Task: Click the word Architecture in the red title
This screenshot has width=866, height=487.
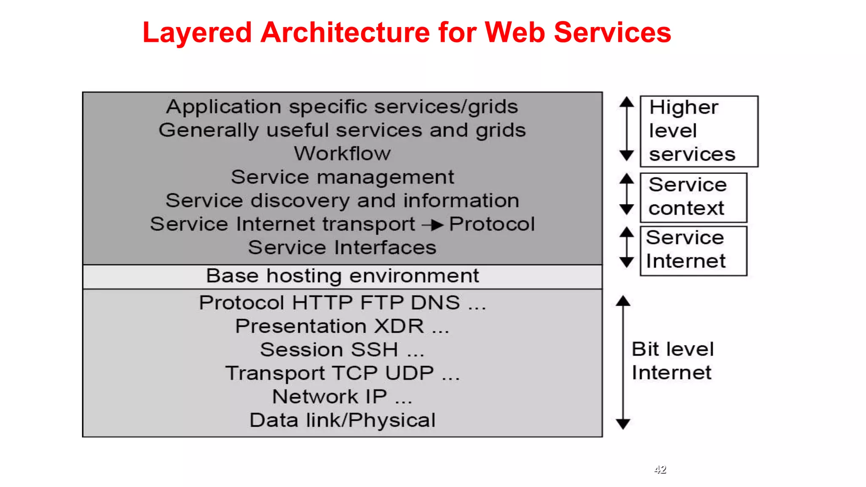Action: point(345,33)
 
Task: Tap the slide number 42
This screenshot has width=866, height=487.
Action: point(660,469)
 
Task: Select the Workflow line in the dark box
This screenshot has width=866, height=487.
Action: point(342,153)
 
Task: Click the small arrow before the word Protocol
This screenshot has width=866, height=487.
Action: point(433,225)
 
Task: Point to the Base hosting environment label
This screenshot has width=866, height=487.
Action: point(342,276)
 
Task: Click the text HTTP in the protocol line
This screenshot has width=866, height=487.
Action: point(322,303)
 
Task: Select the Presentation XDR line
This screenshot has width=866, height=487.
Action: point(342,326)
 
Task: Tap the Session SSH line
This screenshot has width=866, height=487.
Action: point(342,350)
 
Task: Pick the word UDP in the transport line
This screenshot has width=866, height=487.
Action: point(409,373)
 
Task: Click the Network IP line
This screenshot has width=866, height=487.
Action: point(342,397)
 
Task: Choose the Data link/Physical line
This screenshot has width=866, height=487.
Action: point(342,420)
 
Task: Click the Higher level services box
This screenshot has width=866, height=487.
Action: point(699,131)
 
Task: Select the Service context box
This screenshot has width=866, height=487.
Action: point(693,197)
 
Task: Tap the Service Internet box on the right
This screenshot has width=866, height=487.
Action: point(693,250)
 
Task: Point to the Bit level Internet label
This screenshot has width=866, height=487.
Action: point(672,361)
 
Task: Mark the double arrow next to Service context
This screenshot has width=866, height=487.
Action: point(627,194)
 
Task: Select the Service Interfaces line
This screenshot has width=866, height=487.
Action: point(342,248)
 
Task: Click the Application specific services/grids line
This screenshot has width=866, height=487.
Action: point(342,107)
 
